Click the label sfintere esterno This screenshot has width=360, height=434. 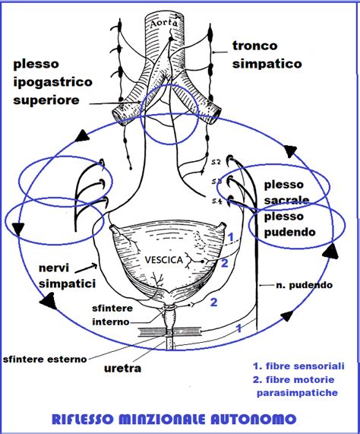44,357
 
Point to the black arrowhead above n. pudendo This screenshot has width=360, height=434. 328,252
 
